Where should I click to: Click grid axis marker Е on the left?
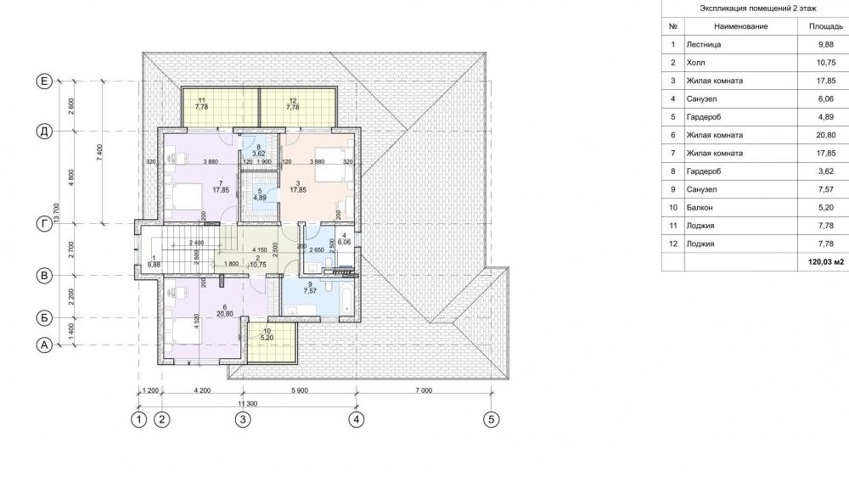click(x=44, y=81)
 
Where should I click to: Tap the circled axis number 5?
click(x=491, y=420)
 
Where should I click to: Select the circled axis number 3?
click(x=243, y=420)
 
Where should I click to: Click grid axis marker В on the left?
click(x=44, y=275)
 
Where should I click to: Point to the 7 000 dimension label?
click(x=424, y=390)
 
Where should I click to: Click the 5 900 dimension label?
click(x=299, y=390)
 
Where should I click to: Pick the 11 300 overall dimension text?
click(x=247, y=403)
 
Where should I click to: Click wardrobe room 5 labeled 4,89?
click(x=260, y=196)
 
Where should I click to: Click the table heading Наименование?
click(x=740, y=26)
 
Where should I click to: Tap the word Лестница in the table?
click(x=703, y=45)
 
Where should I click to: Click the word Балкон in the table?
click(x=700, y=208)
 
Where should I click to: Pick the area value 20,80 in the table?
click(x=826, y=135)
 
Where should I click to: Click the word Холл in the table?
click(x=696, y=63)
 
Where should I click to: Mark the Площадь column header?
click(x=826, y=26)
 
